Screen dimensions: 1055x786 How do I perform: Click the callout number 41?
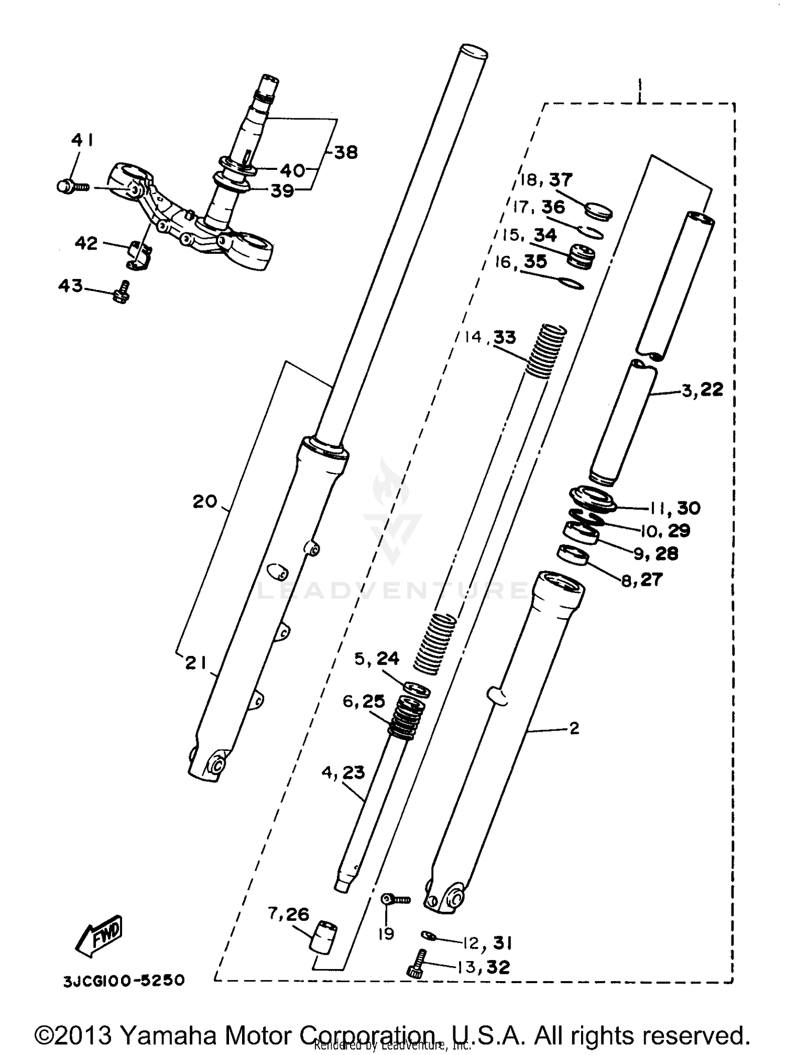coord(83,141)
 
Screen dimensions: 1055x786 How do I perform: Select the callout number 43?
coord(71,286)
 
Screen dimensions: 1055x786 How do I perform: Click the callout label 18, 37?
coord(546,180)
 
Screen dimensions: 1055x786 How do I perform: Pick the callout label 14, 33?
coord(490,337)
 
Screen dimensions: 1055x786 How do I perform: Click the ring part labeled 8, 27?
coord(572,555)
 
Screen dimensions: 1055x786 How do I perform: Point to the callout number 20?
coord(205,502)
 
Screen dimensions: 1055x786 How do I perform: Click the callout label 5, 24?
coord(377,659)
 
